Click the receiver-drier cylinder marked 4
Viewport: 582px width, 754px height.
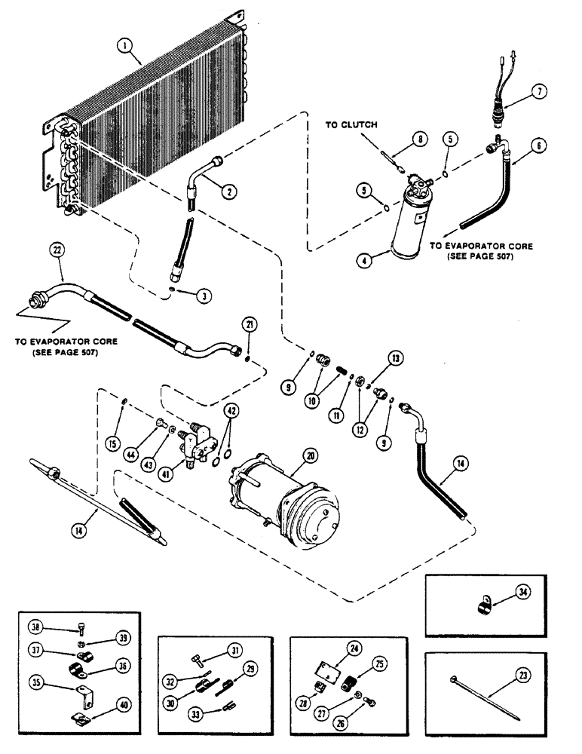[x=409, y=222]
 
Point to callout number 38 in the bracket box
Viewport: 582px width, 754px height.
[x=34, y=624]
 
